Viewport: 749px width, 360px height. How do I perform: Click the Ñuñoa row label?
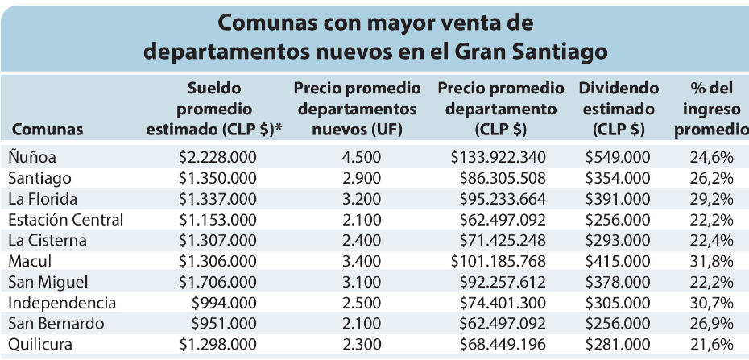tap(33, 157)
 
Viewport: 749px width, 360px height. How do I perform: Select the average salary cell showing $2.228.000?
tap(217, 157)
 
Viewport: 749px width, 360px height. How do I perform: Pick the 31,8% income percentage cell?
tap(711, 261)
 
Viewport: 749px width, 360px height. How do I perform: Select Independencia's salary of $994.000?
tap(226, 303)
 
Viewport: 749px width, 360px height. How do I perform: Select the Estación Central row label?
tap(66, 220)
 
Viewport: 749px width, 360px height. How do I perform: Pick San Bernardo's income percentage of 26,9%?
tap(711, 324)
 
